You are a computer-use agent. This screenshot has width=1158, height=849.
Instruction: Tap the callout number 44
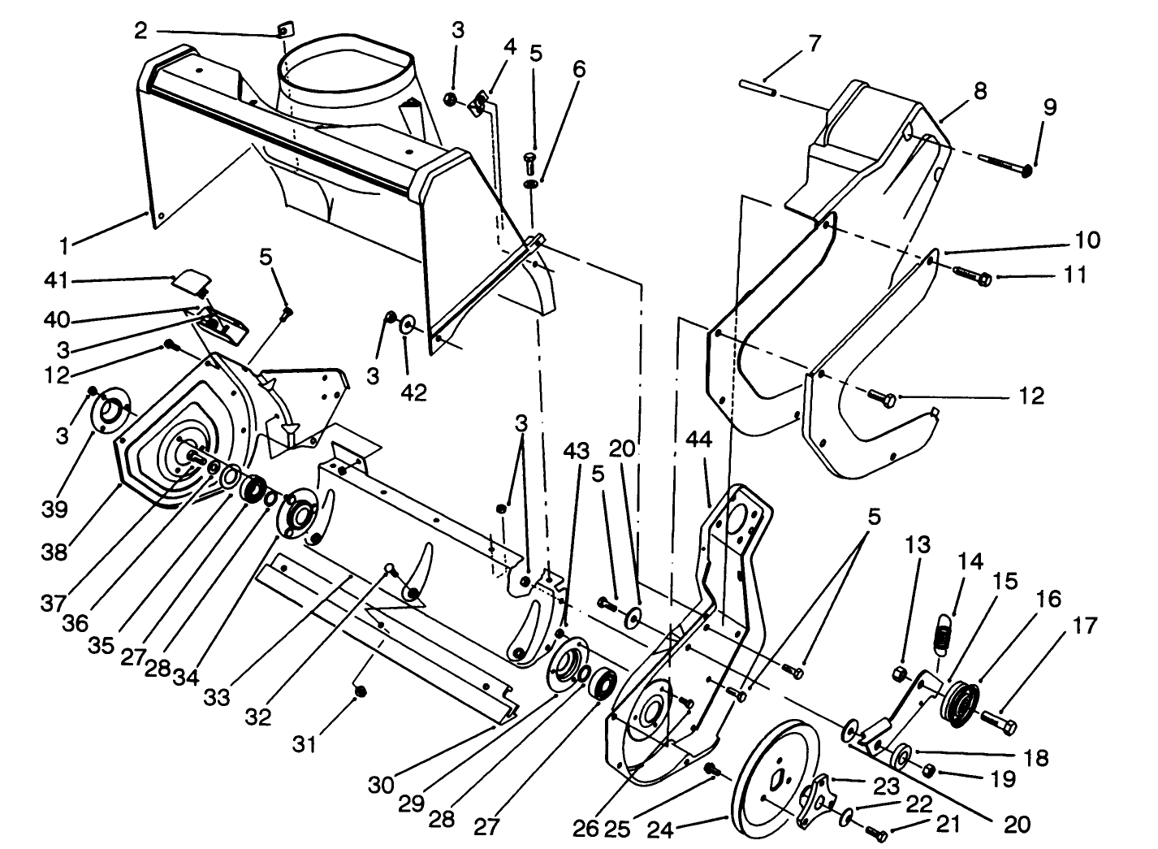coord(698,441)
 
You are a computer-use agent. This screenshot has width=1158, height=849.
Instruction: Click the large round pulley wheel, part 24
coord(775,776)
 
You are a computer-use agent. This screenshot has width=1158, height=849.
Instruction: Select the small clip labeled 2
coord(282,31)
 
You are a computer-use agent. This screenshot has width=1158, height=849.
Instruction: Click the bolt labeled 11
coord(970,275)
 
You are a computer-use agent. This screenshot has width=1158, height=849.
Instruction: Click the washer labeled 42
coord(406,326)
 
